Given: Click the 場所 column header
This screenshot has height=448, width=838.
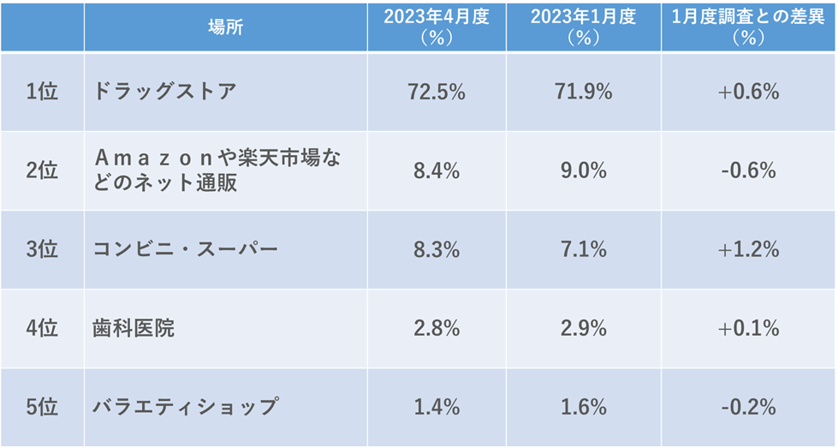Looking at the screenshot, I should (225, 27).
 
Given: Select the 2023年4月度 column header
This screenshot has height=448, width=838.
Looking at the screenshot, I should (437, 27).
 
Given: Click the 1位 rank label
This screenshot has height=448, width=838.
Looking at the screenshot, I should (42, 92).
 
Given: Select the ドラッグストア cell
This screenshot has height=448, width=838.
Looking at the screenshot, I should (164, 92).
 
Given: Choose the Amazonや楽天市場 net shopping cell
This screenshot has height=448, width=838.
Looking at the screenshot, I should (223, 170).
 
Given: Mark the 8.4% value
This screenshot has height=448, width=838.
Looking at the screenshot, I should (437, 171).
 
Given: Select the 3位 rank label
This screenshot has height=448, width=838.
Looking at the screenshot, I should (42, 249).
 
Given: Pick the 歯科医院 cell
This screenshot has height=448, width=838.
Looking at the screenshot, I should (134, 328).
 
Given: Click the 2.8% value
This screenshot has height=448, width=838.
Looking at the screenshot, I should (437, 328).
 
